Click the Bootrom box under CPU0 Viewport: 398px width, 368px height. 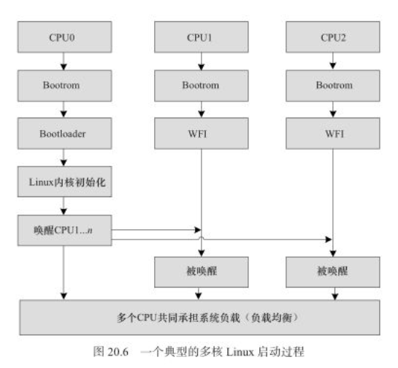click(65, 85)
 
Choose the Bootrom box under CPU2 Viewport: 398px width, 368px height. click(334, 85)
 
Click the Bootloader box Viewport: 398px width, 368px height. click(65, 134)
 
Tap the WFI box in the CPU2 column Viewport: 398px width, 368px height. click(334, 134)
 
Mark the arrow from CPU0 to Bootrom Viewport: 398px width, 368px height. click(65, 60)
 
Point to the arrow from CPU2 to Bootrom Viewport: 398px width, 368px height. click(334, 60)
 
